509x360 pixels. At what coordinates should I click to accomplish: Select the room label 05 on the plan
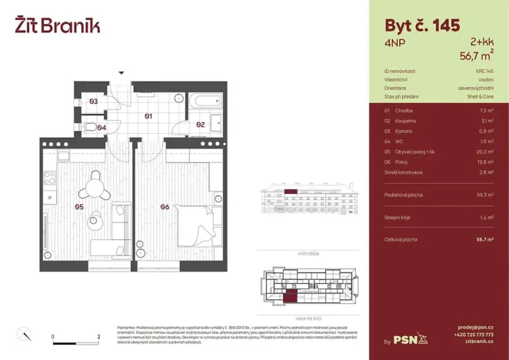[x=78, y=206]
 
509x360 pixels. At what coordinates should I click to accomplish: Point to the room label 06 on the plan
[x=165, y=206]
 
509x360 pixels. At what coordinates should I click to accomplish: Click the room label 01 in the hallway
[x=148, y=116]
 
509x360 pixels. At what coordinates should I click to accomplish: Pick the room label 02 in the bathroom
[x=199, y=124]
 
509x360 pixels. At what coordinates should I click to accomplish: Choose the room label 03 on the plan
[x=93, y=102]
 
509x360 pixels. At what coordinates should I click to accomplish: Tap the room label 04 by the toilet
[x=101, y=127]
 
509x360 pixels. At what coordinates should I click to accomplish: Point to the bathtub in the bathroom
[x=203, y=101]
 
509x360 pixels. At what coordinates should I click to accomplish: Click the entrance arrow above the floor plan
[x=120, y=72]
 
